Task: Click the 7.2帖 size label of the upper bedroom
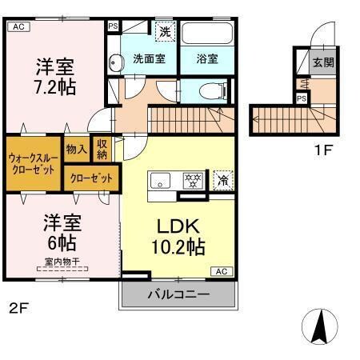[55, 85]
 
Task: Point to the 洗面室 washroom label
[149, 58]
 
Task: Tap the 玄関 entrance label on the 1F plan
[322, 62]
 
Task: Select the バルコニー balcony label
[178, 295]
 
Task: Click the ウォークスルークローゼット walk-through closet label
[32, 164]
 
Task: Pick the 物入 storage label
[77, 149]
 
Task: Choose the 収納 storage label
[102, 149]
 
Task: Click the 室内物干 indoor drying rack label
[54, 270]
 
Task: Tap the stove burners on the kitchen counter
[191, 178]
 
